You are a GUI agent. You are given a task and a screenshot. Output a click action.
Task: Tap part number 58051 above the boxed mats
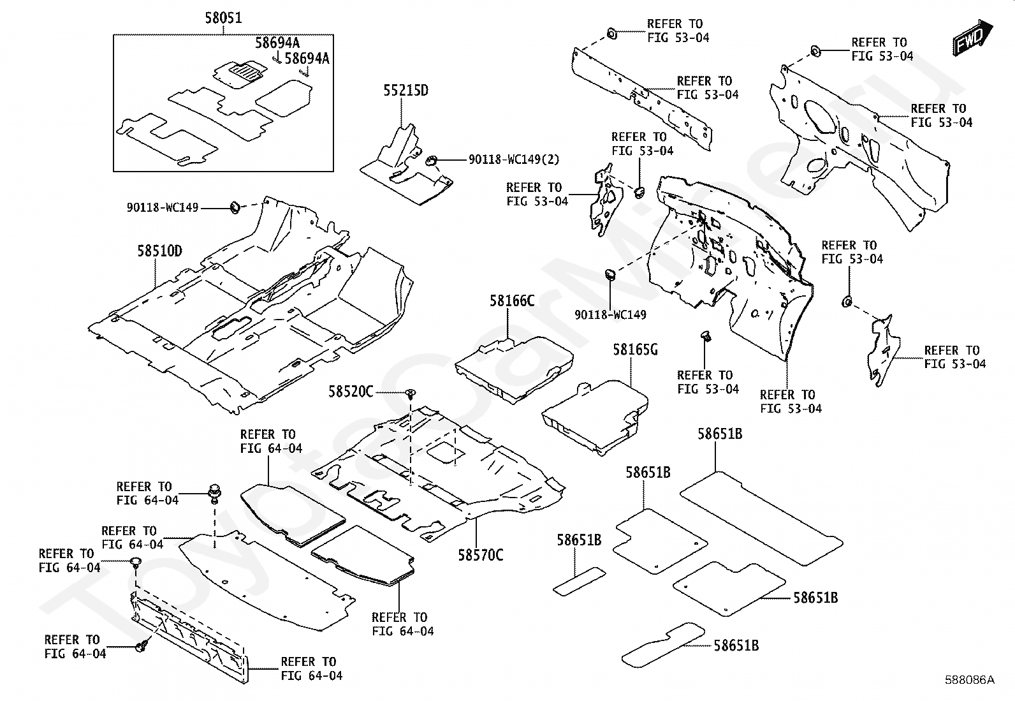point(223,18)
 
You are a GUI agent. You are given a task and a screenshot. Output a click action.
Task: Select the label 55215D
point(405,91)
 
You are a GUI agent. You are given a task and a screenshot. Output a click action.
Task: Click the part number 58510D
point(159,251)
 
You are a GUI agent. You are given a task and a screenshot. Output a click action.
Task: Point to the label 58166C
point(512,300)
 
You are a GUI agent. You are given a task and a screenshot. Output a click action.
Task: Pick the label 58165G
point(635,350)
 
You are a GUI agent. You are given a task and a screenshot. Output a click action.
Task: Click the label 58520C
point(351,392)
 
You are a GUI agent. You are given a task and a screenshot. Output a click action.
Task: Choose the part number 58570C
point(480,555)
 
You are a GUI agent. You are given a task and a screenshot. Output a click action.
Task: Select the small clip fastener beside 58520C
point(411,394)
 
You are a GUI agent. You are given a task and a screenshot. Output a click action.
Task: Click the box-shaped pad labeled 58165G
point(596,415)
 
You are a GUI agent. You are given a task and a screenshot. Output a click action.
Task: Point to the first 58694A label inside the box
point(277,43)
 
